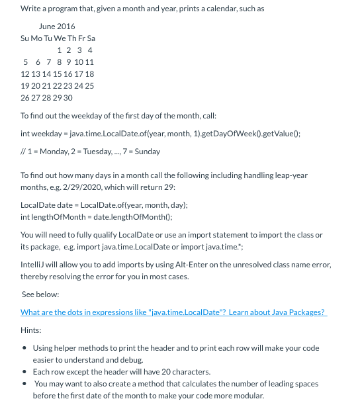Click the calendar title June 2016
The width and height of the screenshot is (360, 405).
(57, 26)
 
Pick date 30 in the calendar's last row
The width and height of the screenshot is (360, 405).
(67, 98)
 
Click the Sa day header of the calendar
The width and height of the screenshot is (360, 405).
(91, 38)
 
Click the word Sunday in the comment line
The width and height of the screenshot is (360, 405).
(147, 152)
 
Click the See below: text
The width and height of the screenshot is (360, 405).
(40, 294)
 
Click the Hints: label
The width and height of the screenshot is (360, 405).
(31, 330)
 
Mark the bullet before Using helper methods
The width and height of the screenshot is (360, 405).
(24, 348)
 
